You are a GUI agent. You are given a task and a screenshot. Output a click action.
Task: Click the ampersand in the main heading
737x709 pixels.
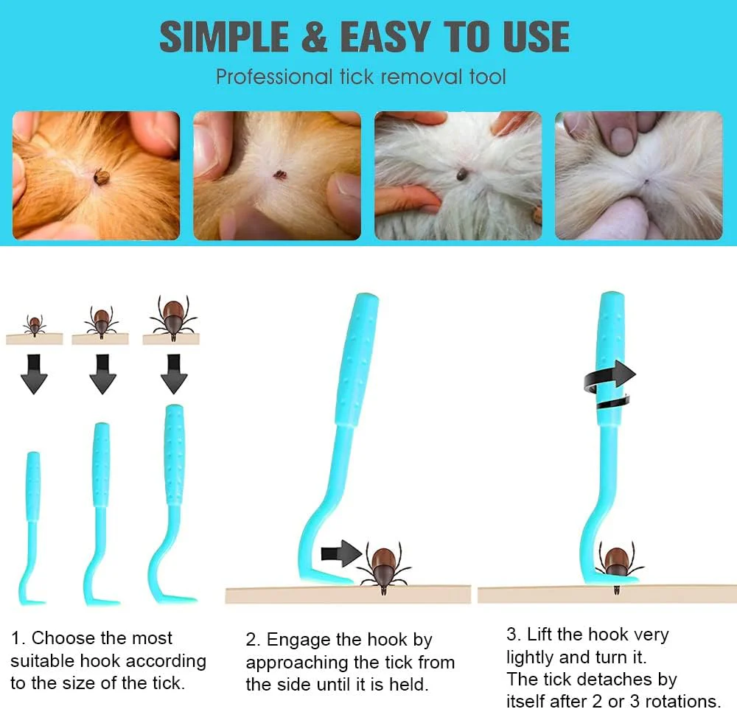pos(314,37)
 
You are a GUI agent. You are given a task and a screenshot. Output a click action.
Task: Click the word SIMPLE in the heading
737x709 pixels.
pos(224,37)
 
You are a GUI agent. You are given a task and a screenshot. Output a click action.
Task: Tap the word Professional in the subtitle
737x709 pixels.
pos(274,77)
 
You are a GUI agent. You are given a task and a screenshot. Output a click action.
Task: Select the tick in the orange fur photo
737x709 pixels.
pos(101,177)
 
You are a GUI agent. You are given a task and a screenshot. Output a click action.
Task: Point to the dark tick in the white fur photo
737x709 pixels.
pos(462,175)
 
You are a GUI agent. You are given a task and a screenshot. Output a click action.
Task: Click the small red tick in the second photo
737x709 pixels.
pos(280,175)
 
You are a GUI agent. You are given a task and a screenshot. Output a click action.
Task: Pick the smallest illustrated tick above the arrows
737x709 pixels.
pos(35,325)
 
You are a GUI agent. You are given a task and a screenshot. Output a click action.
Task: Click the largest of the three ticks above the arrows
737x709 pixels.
pos(173,316)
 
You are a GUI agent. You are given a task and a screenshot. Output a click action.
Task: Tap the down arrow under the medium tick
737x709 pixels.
pos(102,374)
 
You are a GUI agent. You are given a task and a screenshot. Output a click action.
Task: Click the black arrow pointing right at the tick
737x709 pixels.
pos(342,553)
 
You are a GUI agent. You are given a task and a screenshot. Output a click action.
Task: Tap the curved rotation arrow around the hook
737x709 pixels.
pos(609,384)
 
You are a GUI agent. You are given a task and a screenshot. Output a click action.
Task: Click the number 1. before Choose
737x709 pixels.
pos(19,638)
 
